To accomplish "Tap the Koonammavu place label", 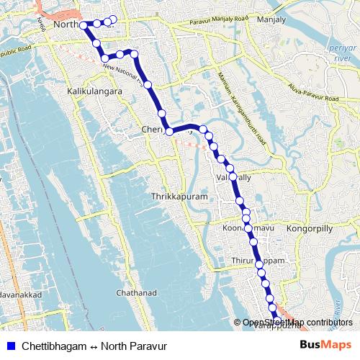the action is tap(242, 228).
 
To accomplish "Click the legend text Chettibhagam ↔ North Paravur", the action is tap(94, 346).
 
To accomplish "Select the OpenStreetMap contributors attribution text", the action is tap(297, 323).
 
